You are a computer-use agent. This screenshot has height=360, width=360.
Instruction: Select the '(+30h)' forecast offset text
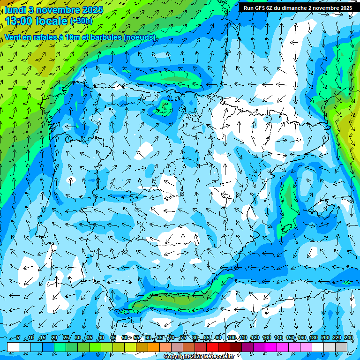pyautogui.click(x=81, y=21)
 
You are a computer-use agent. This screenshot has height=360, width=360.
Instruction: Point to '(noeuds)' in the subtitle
pyautogui.click(x=139, y=37)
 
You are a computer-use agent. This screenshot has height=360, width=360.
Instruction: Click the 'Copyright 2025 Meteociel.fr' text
pyautogui.click(x=199, y=357)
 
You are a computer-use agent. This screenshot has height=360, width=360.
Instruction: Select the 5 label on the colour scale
pyautogui.click(x=18, y=338)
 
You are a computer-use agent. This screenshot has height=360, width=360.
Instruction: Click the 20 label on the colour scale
pyautogui.click(x=54, y=338)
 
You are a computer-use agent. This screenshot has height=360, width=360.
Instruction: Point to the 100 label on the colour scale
pyautogui.click(x=231, y=338)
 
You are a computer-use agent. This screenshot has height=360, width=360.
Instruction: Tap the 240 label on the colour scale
pyautogui.click(x=349, y=338)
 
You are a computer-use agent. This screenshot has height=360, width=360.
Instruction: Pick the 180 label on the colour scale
pyautogui.click(x=314, y=338)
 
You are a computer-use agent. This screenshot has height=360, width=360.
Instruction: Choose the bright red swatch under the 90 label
pyautogui.click(x=212, y=346)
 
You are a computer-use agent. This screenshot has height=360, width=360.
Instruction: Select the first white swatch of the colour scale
pyautogui.click(x=13, y=346)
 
